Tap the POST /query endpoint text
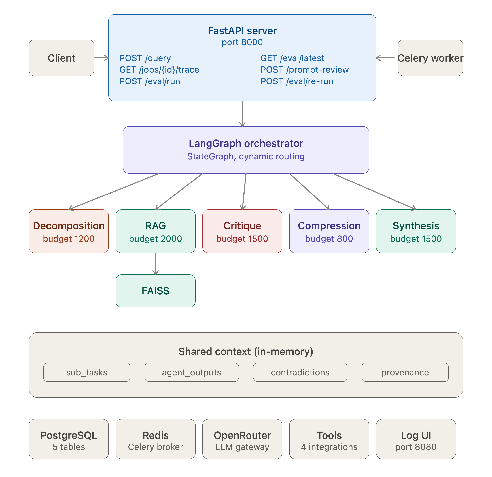tap(145, 58)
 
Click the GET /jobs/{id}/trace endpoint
tap(159, 70)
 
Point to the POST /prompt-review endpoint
tap(304, 70)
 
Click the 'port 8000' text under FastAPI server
tap(242, 42)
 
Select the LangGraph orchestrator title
tap(246, 143)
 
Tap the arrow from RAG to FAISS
tap(156, 264)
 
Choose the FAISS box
tap(156, 291)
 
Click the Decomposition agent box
tap(69, 231)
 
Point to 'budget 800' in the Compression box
tap(329, 239)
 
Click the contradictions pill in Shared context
tap(300, 372)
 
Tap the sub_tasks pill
tap(87, 372)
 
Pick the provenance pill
tap(405, 372)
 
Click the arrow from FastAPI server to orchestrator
tap(242, 114)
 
